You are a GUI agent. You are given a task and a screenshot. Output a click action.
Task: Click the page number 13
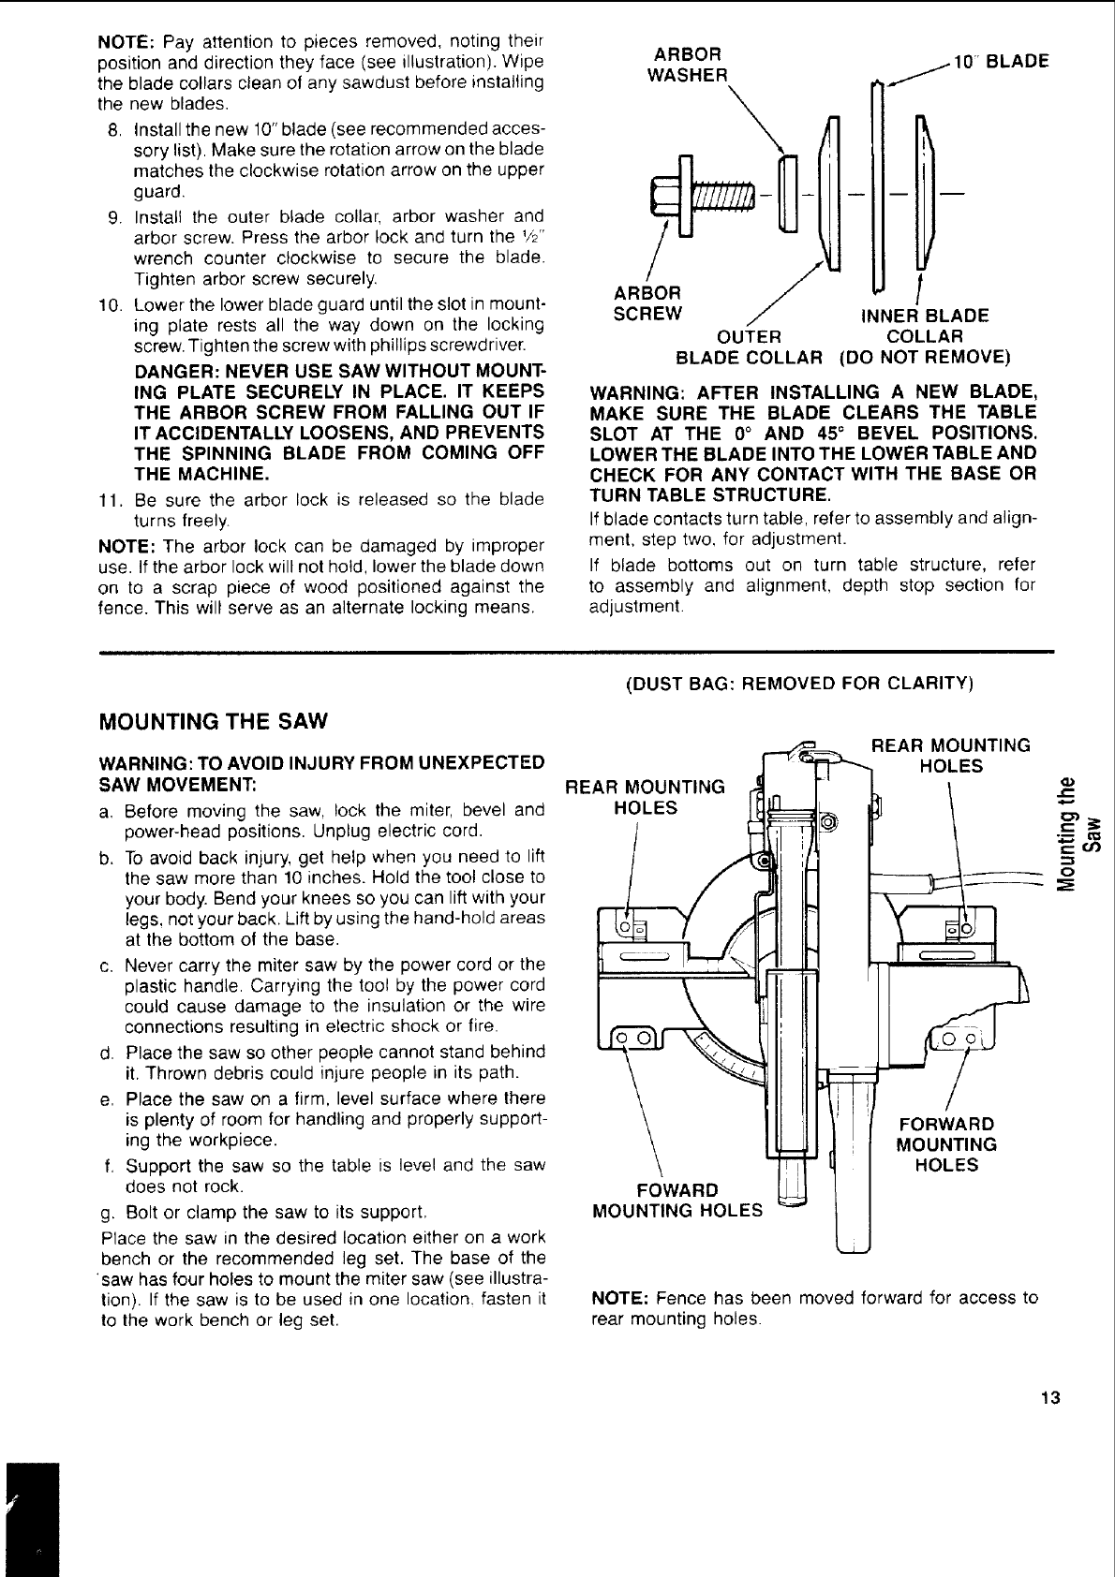click(1049, 1398)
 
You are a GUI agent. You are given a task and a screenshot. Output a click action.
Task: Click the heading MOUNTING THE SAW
click(214, 722)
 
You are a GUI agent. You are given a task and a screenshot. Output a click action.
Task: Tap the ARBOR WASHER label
click(689, 64)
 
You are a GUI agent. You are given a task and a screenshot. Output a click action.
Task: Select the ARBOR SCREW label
click(647, 302)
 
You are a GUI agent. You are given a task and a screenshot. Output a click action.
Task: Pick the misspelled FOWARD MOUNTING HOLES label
click(677, 1200)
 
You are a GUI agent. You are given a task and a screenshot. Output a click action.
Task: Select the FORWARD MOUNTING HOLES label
click(945, 1144)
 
